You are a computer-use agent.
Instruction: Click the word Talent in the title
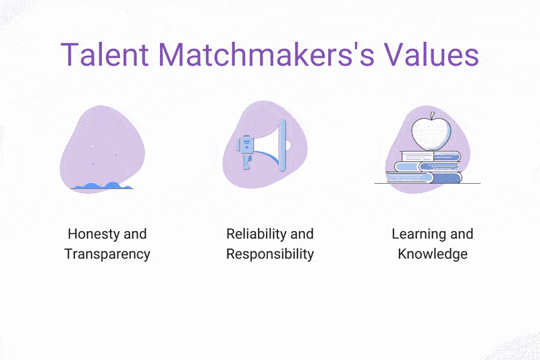pos(105,55)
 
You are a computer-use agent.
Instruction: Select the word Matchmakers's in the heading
pos(266,55)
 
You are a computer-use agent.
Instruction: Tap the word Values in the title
pos(431,55)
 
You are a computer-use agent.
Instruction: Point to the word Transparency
pos(107,254)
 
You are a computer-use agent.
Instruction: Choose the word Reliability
pos(256,234)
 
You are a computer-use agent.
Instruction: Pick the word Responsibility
pos(270,254)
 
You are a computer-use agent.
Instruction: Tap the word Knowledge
pos(433,254)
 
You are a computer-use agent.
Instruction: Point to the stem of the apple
pos(432,115)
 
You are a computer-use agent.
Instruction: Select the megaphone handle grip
pos(246,161)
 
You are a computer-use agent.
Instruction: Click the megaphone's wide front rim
pos(282,145)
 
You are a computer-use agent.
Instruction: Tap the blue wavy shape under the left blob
pos(103,186)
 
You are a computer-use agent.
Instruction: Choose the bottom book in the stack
pos(424,178)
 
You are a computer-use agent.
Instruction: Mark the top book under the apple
pos(431,157)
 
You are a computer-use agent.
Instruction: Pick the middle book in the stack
pos(427,167)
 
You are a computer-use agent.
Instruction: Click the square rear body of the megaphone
pos(246,145)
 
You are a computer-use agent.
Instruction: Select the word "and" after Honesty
pos(135,234)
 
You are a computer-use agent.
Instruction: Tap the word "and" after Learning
pos(462,234)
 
